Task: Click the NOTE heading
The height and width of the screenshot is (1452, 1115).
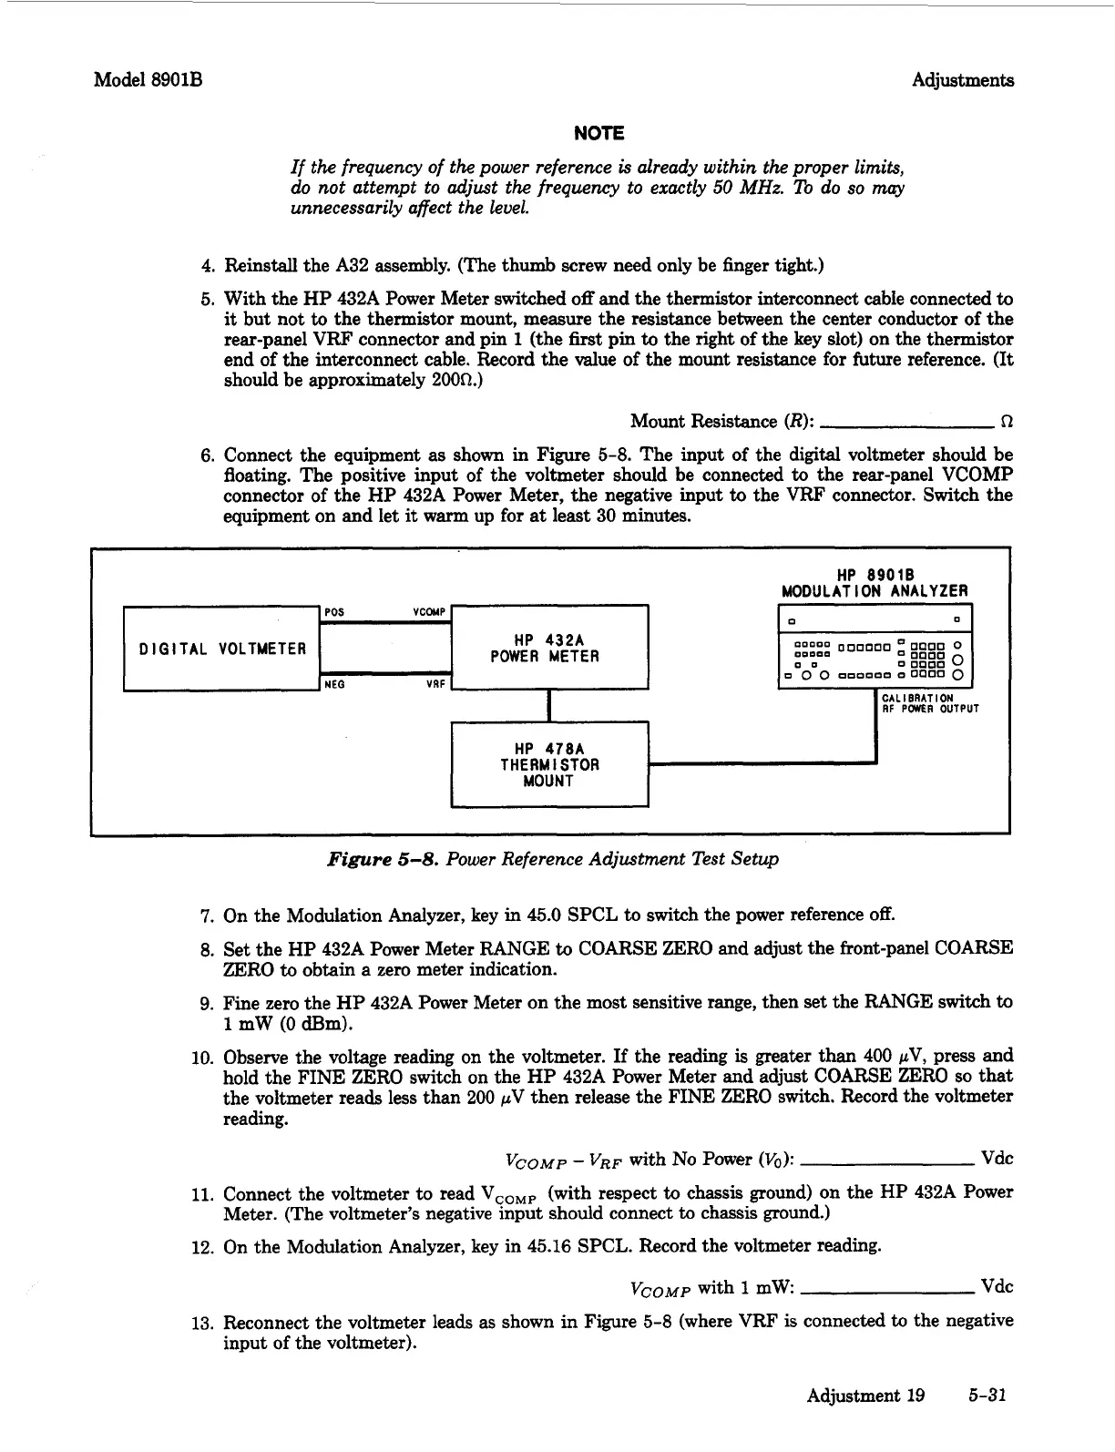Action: coord(598,134)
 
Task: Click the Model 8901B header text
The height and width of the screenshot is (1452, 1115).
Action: coord(148,80)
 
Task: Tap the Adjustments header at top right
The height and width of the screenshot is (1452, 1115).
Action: coord(963,80)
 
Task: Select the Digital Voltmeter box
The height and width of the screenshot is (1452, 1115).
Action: coord(222,649)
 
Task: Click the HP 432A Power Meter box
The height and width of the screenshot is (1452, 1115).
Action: coord(549,648)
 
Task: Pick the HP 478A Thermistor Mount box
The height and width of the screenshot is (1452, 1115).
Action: coord(549,764)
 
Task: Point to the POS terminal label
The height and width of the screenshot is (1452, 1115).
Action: coord(334,612)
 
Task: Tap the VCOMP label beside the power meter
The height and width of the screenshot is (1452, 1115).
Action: coord(429,612)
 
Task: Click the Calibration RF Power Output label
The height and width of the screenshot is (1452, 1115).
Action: coord(929,704)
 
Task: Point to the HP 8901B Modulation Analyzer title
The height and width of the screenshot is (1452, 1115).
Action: coord(875,583)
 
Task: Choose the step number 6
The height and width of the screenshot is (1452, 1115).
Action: coord(207,455)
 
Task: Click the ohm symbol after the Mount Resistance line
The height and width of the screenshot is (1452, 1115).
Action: coord(1006,422)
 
